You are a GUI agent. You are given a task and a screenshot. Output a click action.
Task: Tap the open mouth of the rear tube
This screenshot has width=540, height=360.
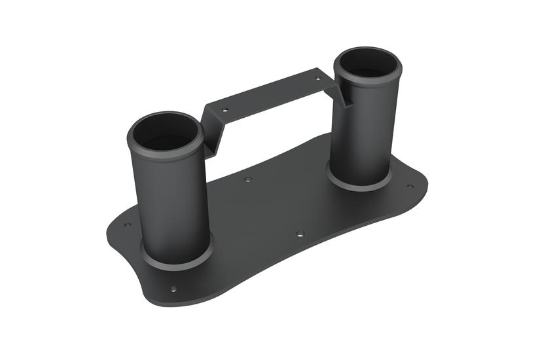[367, 63]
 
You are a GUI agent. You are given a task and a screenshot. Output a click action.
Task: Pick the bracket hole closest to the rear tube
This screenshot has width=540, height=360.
[318, 78]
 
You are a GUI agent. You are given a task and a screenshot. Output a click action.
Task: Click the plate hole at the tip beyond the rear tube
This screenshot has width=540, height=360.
[410, 186]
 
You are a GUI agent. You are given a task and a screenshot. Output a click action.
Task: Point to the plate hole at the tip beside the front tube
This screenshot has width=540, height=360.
[128, 225]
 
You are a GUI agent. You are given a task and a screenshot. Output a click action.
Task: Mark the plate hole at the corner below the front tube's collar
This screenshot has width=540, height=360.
[173, 289]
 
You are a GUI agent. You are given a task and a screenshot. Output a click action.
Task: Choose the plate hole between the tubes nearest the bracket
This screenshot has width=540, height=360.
[247, 179]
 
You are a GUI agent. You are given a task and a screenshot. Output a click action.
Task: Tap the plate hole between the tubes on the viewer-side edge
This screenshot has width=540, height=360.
[299, 233]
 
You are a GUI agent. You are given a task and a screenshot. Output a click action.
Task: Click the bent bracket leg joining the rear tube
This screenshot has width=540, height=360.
[344, 92]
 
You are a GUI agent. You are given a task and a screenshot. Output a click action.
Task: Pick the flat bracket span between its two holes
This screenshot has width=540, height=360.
[272, 94]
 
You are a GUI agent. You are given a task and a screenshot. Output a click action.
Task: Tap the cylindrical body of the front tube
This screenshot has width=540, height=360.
[171, 203]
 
